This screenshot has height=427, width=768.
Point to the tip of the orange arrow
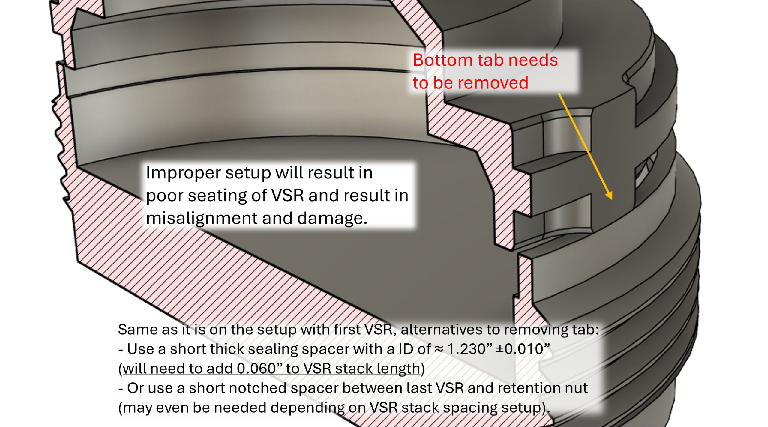pyautogui.click(x=611, y=199)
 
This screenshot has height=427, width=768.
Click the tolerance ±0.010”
pyautogui.click(x=523, y=349)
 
